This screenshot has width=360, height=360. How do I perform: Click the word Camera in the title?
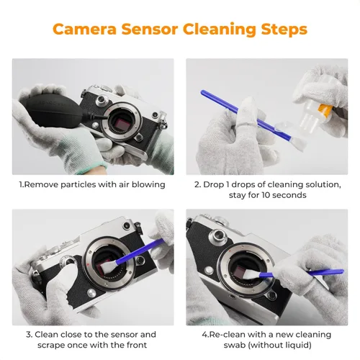(x=89, y=30)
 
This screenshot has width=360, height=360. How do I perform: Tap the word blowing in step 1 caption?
(x=147, y=184)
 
